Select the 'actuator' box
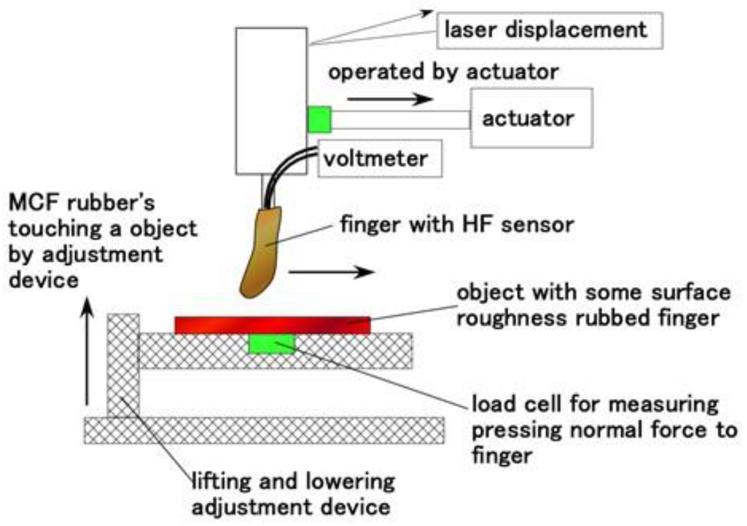tap(527, 119)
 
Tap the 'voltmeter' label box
tap(380, 158)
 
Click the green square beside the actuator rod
tap(319, 119)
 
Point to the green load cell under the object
tap(272, 344)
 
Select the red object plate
tap(273, 325)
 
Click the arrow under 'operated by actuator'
tap(388, 99)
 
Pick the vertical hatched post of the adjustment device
tap(122, 366)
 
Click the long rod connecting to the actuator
tap(400, 119)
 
